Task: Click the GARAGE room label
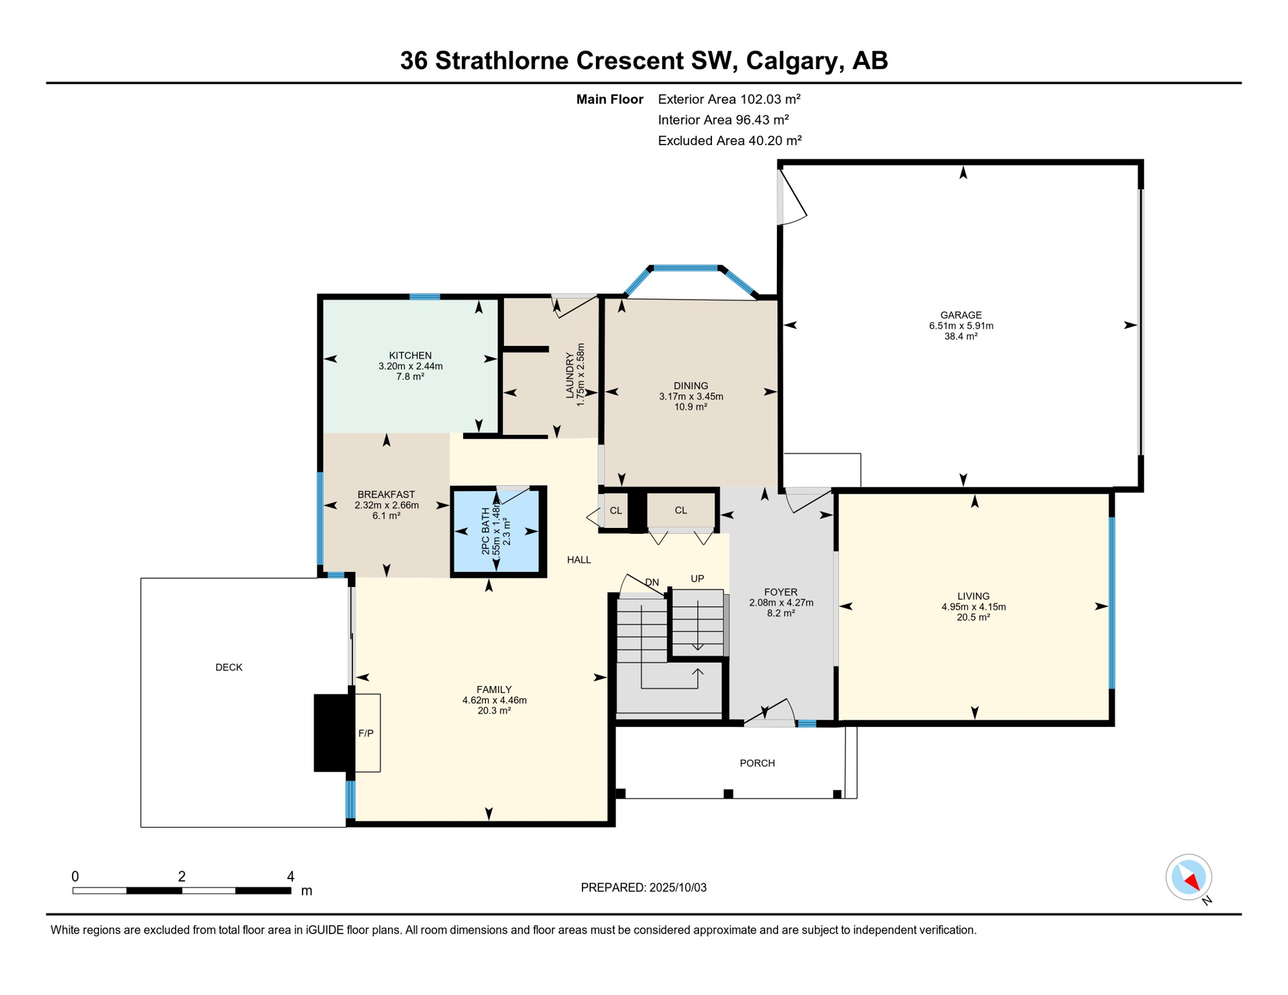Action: pyautogui.click(x=961, y=315)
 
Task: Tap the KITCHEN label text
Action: pyautogui.click(x=410, y=356)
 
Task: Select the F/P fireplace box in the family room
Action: pyautogui.click(x=367, y=733)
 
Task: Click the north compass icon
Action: pyautogui.click(x=1189, y=878)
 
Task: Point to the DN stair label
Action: pyautogui.click(x=652, y=582)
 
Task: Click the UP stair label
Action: pyautogui.click(x=697, y=578)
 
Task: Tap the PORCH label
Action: pyautogui.click(x=757, y=763)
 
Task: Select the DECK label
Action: pyautogui.click(x=229, y=667)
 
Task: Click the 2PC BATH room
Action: pyautogui.click(x=498, y=531)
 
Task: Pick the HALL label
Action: pyautogui.click(x=579, y=560)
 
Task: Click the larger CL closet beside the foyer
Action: pyautogui.click(x=681, y=510)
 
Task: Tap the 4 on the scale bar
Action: pyautogui.click(x=291, y=876)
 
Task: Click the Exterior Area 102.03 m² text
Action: pyautogui.click(x=730, y=99)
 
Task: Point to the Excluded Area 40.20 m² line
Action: pyautogui.click(x=730, y=141)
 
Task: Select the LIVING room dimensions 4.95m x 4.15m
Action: pyautogui.click(x=973, y=607)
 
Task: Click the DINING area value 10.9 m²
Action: pyautogui.click(x=691, y=407)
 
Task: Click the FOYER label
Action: pyautogui.click(x=781, y=592)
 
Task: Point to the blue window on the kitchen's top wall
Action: pyautogui.click(x=425, y=297)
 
